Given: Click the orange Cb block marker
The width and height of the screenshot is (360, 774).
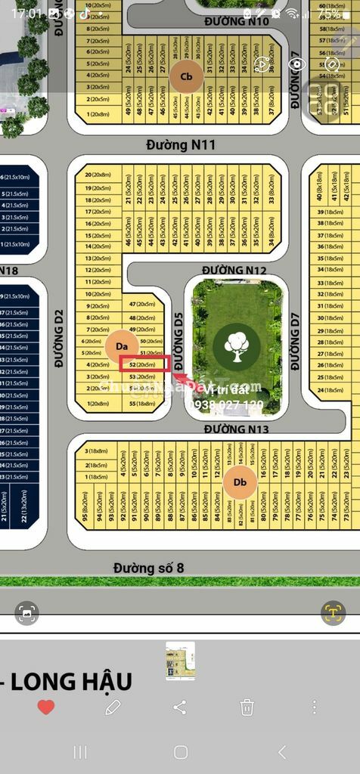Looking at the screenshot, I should pos(186,76).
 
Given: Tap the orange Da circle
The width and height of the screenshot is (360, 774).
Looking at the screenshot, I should pos(121,346).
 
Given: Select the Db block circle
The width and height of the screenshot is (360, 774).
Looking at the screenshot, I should pos(241,482).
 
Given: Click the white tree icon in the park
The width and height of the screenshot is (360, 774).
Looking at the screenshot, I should pos(237,345).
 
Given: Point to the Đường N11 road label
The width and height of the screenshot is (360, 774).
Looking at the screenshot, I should pos(181,144).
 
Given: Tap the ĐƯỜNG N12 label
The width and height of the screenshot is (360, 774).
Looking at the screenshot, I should pos(234,270).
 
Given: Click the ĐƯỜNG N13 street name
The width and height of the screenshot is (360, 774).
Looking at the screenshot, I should pos(237,429).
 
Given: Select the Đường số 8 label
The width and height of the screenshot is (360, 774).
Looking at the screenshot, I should pos(149,567).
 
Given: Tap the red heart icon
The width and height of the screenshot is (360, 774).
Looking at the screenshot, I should pos(46,707).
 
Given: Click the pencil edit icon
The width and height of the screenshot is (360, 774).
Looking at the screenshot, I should pos(113,707).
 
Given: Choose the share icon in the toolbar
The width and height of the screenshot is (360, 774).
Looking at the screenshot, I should pos(179,707).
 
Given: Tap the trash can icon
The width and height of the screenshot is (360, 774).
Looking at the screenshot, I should pos(247,707).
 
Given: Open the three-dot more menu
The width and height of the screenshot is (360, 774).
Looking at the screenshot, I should pos(314,707).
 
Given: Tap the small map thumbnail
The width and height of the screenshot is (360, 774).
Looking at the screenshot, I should pos(180,661).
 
